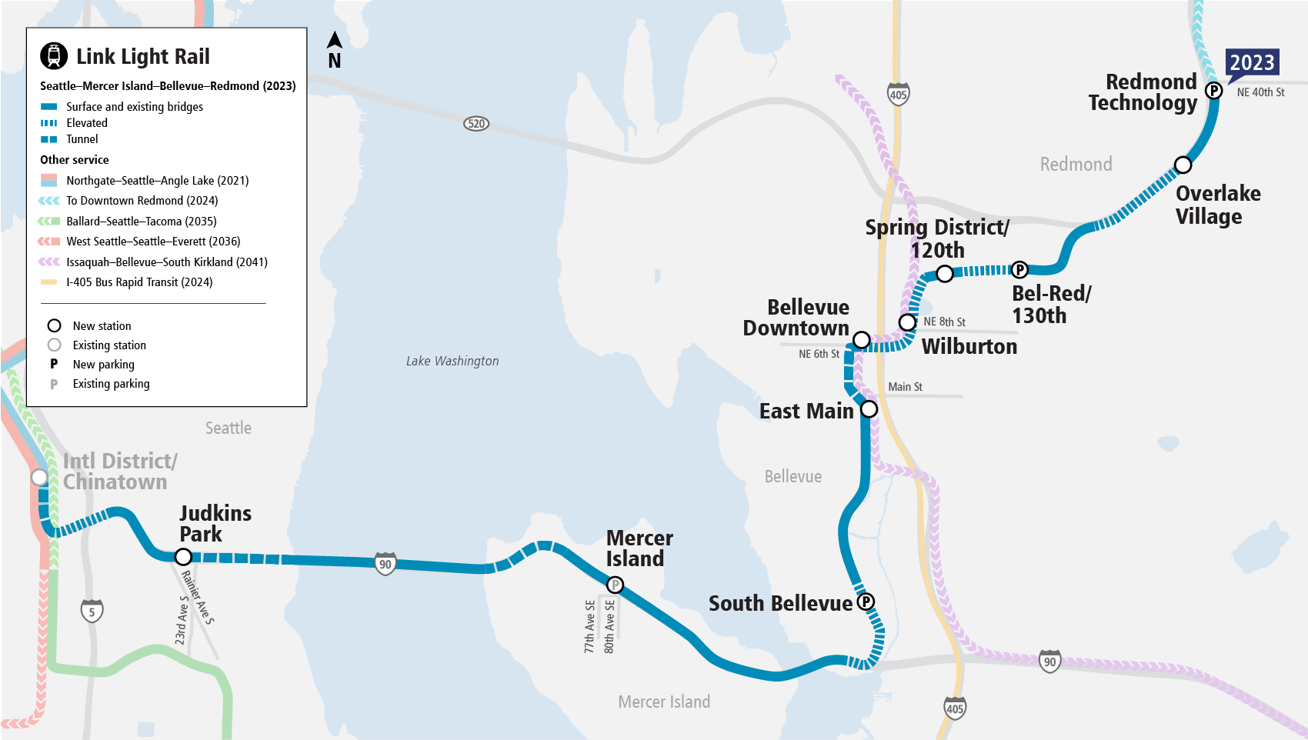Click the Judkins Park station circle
(x=183, y=556)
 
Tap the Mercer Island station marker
(x=615, y=585)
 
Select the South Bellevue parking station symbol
(x=866, y=602)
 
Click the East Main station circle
(x=869, y=409)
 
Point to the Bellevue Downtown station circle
(x=862, y=339)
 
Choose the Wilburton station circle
(x=908, y=322)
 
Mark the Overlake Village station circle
(x=1183, y=165)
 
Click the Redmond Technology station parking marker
(x=1214, y=91)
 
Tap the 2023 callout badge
(x=1252, y=62)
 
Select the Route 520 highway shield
(x=476, y=124)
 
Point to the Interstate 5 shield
(x=92, y=612)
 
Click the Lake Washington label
(x=452, y=361)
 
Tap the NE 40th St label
(x=1260, y=92)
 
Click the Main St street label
(x=906, y=387)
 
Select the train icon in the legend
(x=54, y=56)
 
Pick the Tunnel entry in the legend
(x=82, y=139)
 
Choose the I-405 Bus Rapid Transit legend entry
(x=139, y=282)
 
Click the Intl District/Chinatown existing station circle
(x=39, y=477)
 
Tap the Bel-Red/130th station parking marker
(x=1019, y=269)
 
